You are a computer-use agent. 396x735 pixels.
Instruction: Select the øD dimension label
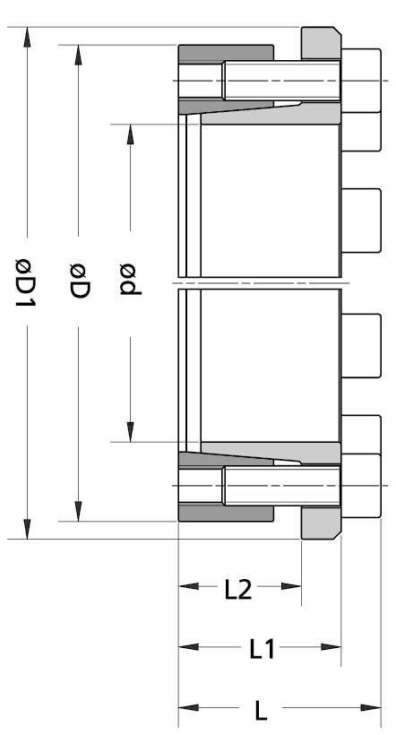[79, 281]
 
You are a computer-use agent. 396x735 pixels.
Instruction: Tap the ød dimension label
[130, 280]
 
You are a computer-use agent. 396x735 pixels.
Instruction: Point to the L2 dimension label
[238, 590]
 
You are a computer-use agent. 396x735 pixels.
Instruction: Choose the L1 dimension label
[262, 650]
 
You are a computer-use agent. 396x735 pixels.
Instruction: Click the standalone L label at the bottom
[261, 711]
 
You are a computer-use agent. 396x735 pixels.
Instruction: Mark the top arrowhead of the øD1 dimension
[27, 38]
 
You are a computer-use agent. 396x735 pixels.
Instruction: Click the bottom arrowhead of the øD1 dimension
[27, 529]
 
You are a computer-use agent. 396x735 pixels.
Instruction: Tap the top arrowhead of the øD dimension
[78, 55]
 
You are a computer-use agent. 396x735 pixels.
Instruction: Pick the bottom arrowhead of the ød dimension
[130, 432]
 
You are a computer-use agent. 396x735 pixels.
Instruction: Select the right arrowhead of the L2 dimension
[291, 586]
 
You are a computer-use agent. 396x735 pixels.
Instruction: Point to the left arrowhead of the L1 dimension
[188, 647]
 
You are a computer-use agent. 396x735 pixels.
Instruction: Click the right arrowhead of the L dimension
[371, 707]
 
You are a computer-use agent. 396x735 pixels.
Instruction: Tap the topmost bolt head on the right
[361, 81]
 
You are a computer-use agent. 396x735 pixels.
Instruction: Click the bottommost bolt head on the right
[361, 486]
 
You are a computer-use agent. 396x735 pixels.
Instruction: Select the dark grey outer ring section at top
[226, 53]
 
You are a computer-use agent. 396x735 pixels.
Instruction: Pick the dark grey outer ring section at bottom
[226, 513]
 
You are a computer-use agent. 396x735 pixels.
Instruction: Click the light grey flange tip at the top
[321, 43]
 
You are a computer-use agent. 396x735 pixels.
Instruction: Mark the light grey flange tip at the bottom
[321, 523]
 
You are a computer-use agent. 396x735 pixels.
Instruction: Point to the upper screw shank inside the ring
[281, 81]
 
